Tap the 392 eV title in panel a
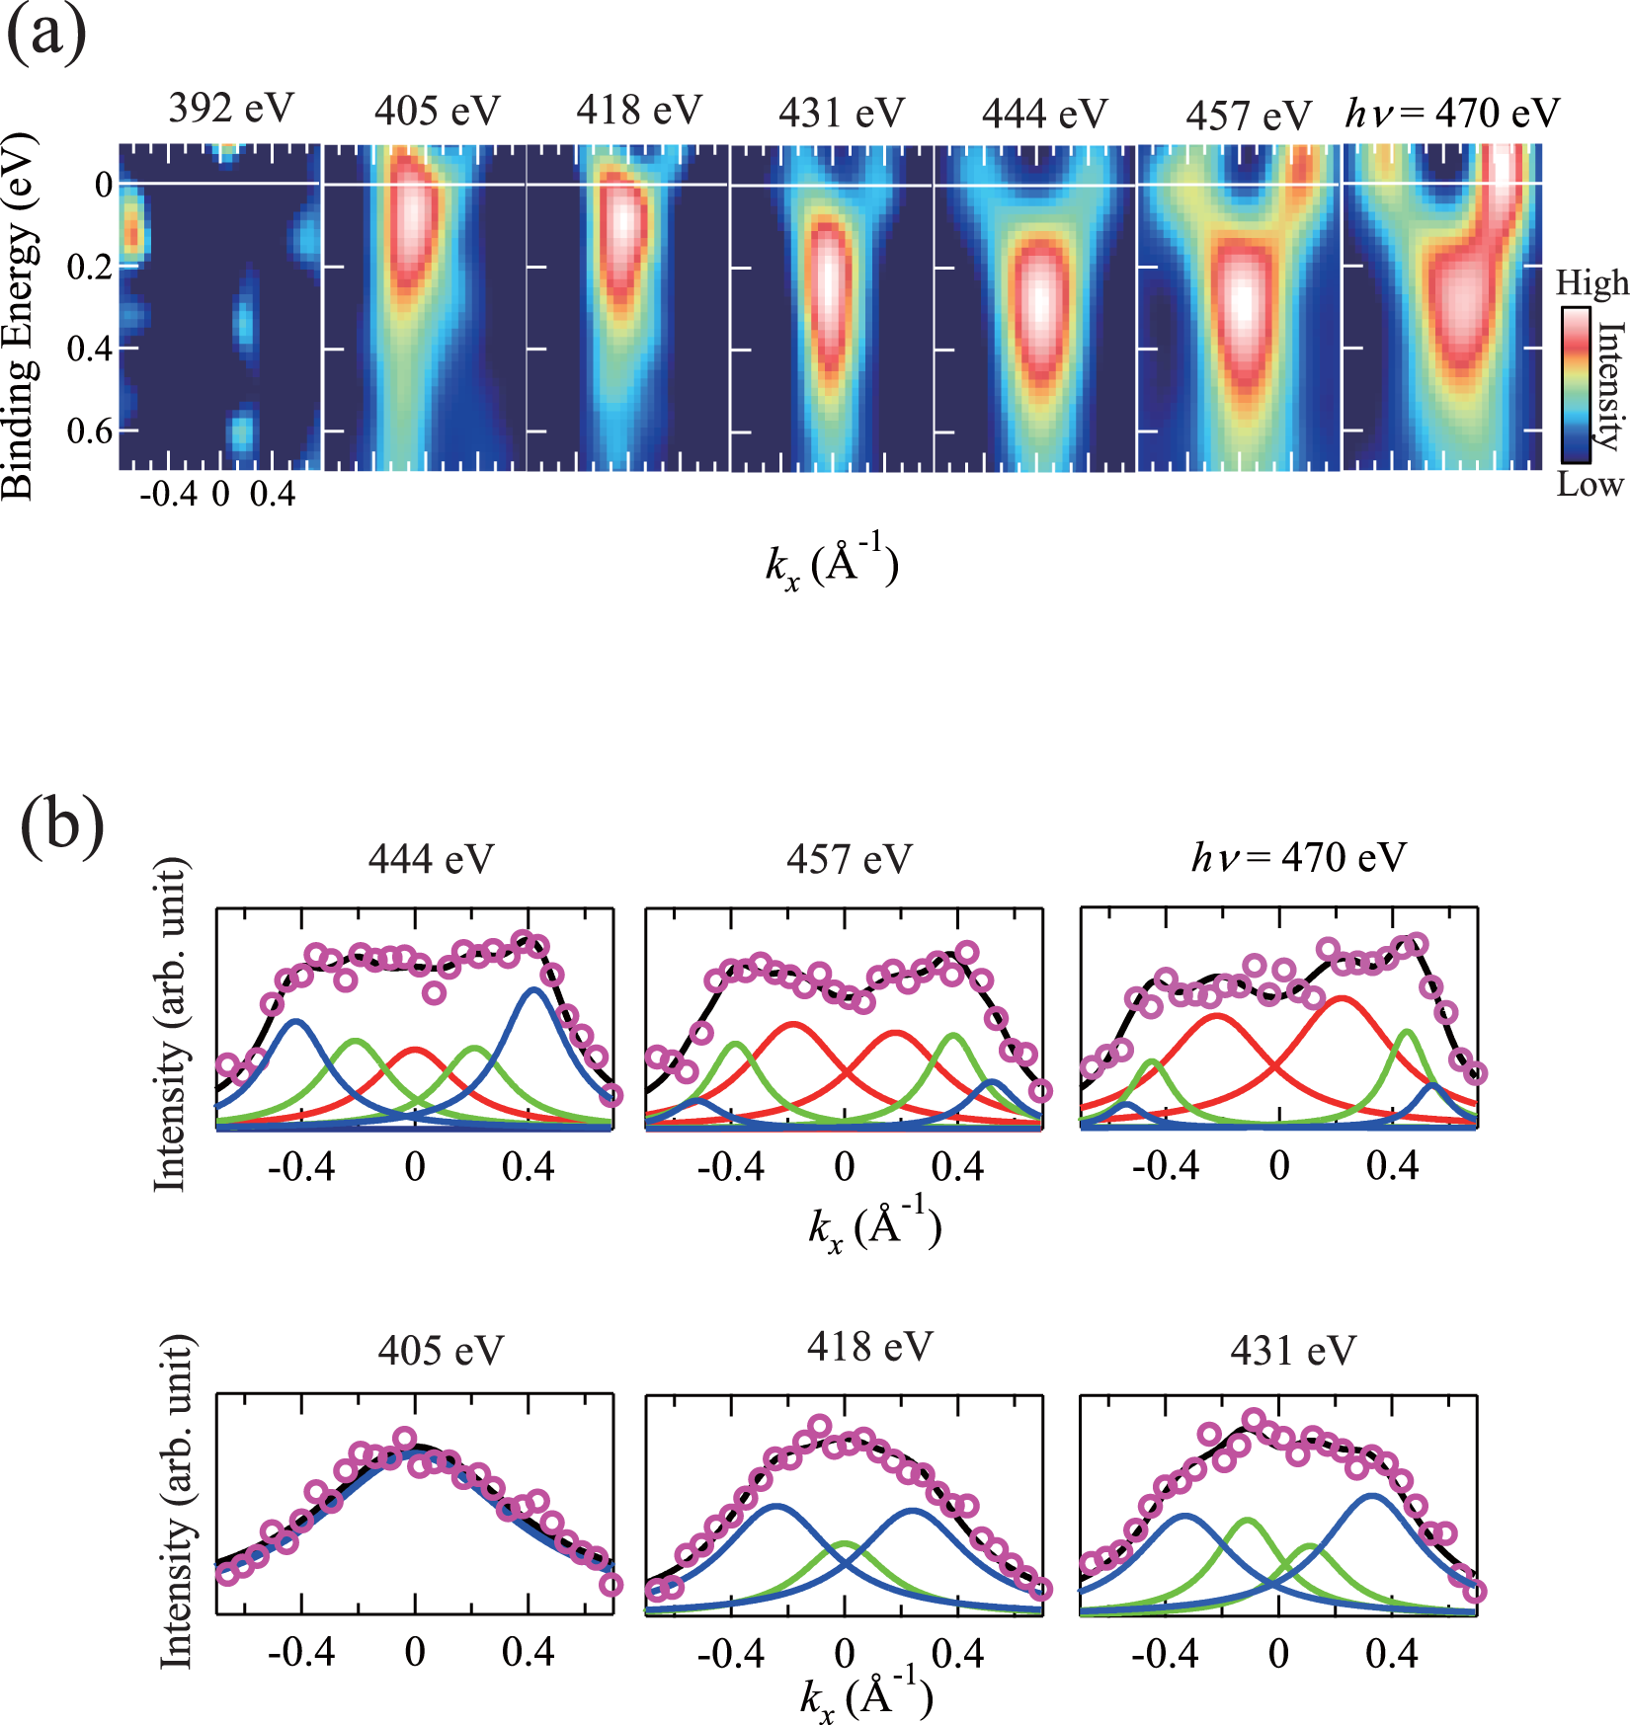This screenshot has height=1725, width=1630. tap(231, 108)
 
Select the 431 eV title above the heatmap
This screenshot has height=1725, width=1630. tap(842, 113)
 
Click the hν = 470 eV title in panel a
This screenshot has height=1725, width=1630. tap(1452, 114)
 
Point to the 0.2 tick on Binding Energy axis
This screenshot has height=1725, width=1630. tap(89, 267)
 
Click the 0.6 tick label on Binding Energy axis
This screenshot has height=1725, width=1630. tap(89, 431)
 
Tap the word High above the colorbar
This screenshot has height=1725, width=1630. tap(1590, 284)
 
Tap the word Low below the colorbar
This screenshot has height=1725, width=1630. tap(1589, 484)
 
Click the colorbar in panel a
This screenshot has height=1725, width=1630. tap(1576, 385)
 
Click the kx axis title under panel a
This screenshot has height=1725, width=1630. tap(832, 565)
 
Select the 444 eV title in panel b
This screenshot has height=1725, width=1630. tap(431, 859)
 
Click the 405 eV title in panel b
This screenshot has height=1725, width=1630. tap(441, 1350)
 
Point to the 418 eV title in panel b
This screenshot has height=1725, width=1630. tap(869, 1347)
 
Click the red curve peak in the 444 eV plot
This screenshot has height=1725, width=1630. tap(414, 1050)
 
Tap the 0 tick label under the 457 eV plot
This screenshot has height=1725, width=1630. tap(844, 1167)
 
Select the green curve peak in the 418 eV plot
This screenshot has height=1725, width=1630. tap(844, 1542)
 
